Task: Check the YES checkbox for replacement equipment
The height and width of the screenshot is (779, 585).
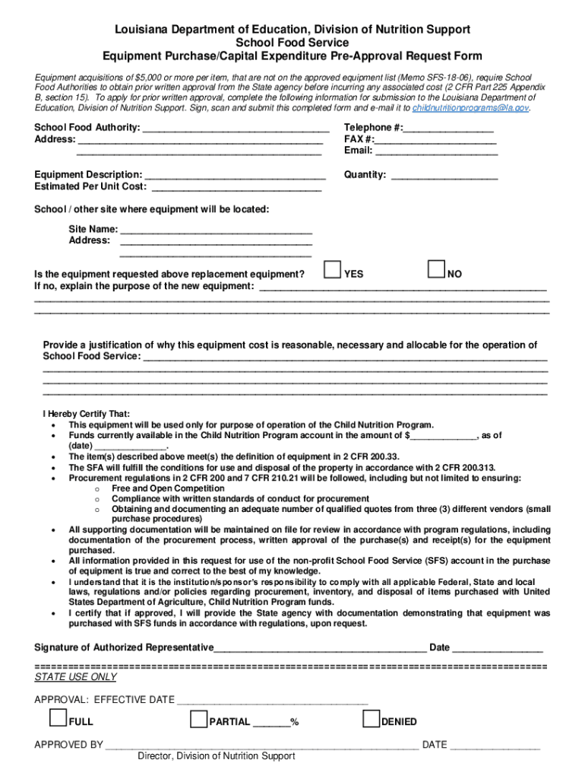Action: (331, 270)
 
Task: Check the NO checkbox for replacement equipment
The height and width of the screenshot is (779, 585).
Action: (436, 270)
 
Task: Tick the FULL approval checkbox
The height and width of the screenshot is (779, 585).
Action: (58, 718)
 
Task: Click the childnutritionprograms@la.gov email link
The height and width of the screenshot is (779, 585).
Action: (470, 108)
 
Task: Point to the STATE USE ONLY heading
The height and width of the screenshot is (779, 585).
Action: (76, 677)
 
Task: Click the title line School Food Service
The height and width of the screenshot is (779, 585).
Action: (292, 43)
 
